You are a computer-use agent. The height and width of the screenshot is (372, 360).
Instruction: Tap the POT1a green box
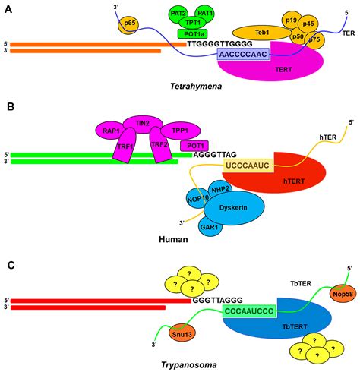[197, 33]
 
